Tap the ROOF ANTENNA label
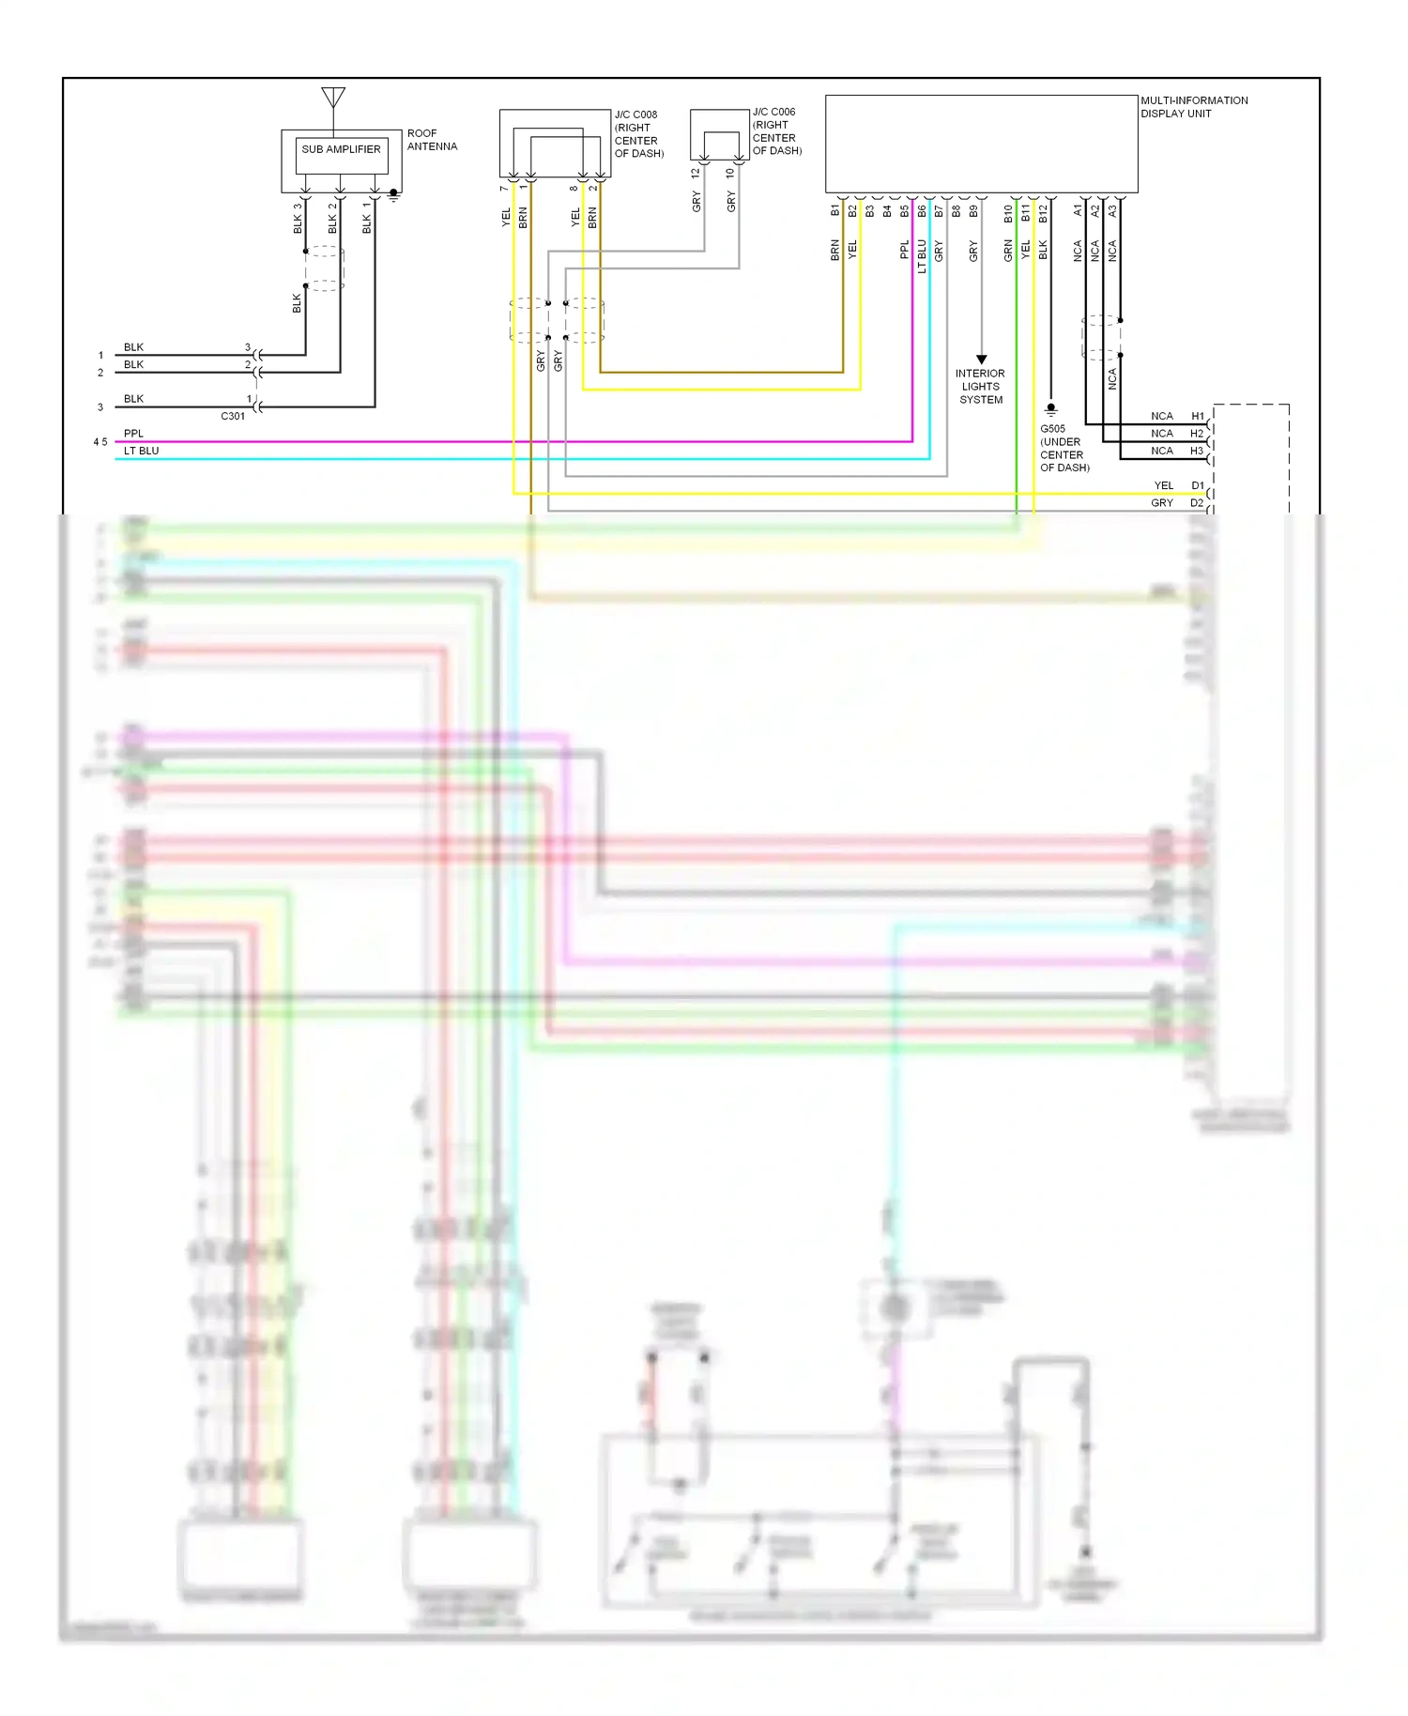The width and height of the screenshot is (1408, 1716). click(432, 140)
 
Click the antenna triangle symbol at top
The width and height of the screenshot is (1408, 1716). click(333, 97)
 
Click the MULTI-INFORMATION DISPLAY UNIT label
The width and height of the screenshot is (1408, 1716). click(1194, 107)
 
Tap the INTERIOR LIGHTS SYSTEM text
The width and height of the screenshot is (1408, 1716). click(980, 387)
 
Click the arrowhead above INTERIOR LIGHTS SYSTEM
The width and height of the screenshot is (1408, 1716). click(981, 360)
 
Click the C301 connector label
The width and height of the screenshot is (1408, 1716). click(233, 416)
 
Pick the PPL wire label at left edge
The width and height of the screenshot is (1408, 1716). click(134, 434)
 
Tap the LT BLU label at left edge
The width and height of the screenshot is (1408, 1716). click(142, 451)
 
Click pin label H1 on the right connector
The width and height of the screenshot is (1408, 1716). click(1197, 416)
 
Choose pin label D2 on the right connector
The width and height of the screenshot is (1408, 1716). click(1197, 503)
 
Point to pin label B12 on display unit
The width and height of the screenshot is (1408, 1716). click(1043, 213)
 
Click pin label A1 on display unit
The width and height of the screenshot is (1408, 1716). click(1078, 211)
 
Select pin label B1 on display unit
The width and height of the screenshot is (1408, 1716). click(834, 211)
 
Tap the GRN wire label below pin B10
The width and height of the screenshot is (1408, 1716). click(1008, 251)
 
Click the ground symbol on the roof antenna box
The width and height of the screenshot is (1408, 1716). click(393, 195)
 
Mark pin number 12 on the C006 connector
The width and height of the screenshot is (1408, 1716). click(696, 174)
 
